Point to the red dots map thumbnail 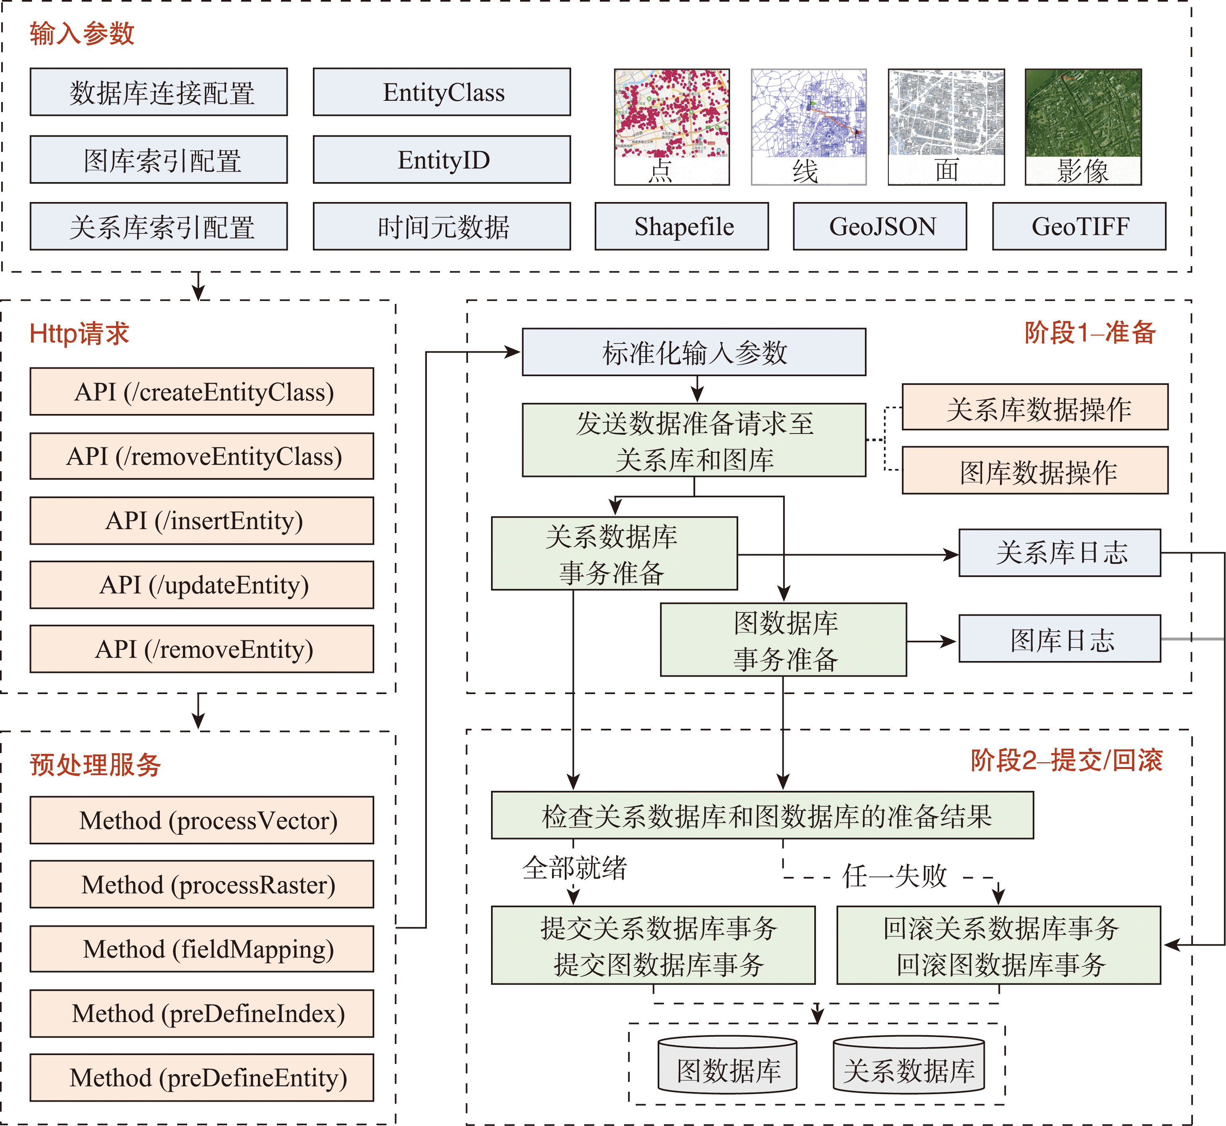click(672, 114)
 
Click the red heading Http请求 click(79, 334)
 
